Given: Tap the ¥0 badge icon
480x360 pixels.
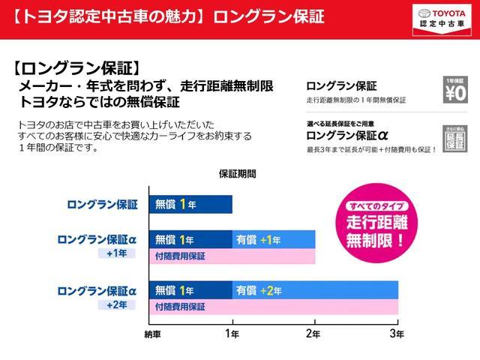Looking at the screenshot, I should pos(455,91).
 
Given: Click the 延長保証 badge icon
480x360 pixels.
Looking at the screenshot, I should pos(455,137).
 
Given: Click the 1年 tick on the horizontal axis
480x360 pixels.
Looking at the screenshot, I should pos(232,333).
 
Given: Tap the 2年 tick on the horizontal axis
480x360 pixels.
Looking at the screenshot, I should pos(315,333).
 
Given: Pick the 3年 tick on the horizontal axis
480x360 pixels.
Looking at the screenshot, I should pos(397,333).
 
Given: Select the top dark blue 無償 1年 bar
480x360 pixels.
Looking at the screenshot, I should pos(191,203).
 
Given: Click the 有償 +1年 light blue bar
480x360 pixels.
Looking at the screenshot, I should pos(274,239).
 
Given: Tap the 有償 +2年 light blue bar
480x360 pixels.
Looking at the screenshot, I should pos(315,290).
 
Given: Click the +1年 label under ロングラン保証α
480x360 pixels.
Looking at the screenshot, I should pos(116,253).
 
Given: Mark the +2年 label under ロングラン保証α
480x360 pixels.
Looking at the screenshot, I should pos(116,304).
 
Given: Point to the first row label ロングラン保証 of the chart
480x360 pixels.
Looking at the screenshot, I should pos(102,203).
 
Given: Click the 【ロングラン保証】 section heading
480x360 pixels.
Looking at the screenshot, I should pos(77,68).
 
